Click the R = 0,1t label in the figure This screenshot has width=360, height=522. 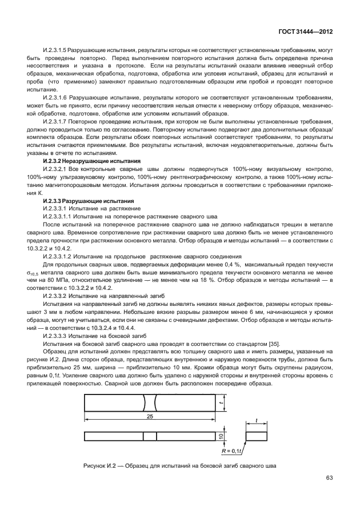[231, 451]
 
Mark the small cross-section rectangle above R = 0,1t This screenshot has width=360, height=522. [257, 436]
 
